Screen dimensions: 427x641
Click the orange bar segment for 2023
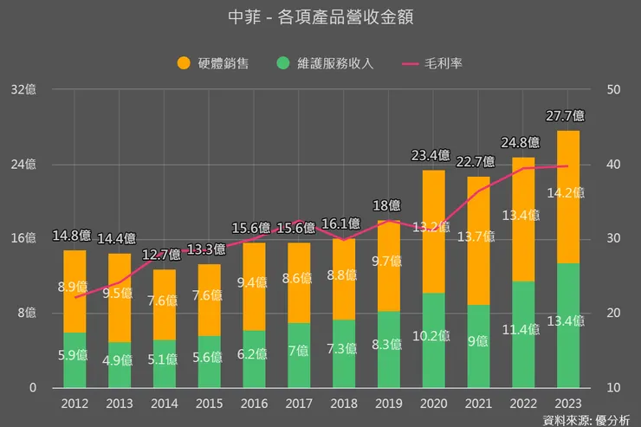(x=568, y=196)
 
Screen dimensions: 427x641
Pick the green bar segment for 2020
(x=434, y=340)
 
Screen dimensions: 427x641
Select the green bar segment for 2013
(x=120, y=365)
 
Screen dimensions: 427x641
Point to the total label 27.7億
(x=565, y=115)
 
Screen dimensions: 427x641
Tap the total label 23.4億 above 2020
(x=431, y=156)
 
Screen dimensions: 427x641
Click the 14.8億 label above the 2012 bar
(x=73, y=235)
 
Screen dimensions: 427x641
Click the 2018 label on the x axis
(x=344, y=403)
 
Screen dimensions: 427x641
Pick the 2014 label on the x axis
(x=165, y=403)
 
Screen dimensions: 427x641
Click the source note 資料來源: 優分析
(x=586, y=419)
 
